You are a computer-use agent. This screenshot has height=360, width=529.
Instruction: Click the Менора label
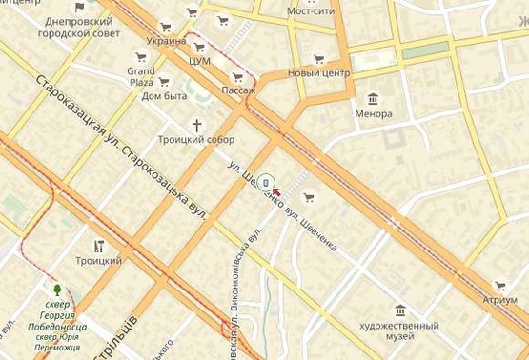tap(374, 114)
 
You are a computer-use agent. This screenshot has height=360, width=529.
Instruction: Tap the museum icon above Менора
tap(373, 98)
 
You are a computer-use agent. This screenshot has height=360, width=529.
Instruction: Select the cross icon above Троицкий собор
tap(198, 125)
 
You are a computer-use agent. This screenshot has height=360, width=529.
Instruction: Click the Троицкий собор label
tap(195, 140)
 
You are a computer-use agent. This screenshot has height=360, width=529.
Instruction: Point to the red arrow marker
tap(276, 190)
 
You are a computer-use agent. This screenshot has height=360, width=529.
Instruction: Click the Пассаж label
tap(238, 90)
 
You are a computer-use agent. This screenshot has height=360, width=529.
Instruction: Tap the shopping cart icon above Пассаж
tap(236, 76)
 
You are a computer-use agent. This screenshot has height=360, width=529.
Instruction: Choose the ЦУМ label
tap(199, 61)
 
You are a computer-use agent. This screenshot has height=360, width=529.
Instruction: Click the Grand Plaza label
tap(141, 76)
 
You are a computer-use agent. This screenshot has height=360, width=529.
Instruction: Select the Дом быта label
tap(165, 95)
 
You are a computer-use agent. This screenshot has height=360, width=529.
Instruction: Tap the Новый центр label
tap(319, 72)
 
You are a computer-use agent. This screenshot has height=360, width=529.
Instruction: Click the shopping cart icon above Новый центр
tap(319, 57)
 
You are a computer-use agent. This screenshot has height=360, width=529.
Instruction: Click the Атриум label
tap(499, 300)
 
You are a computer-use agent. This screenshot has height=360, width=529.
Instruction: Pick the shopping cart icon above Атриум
tap(499, 285)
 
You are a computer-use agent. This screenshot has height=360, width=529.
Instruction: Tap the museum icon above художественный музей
tap(399, 310)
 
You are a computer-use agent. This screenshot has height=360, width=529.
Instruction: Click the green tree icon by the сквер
tap(59, 288)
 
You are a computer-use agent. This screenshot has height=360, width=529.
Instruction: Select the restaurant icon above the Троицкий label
tap(99, 246)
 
